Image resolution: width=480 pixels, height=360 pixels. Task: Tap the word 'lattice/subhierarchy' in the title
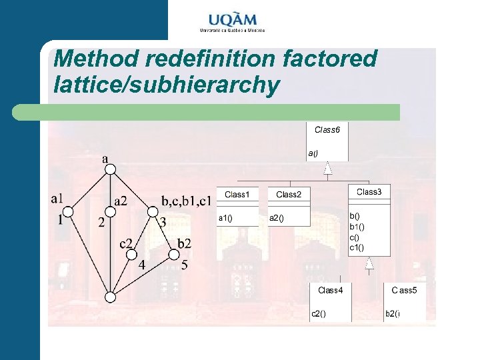(x=165, y=85)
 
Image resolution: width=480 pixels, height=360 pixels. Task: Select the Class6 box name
(x=327, y=129)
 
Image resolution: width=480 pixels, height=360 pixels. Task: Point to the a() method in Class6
(x=313, y=153)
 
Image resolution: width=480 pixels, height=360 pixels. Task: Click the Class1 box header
(x=237, y=194)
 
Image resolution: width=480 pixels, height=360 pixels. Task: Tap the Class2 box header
(x=289, y=194)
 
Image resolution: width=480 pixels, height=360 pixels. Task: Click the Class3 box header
(x=369, y=192)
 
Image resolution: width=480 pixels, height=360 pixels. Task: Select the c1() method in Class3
(x=358, y=247)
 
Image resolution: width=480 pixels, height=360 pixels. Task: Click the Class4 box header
(x=330, y=290)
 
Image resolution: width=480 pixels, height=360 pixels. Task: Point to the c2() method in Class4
(x=319, y=314)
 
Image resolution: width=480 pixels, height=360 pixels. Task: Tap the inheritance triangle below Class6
(x=327, y=169)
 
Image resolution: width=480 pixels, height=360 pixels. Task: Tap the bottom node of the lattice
(x=111, y=297)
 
